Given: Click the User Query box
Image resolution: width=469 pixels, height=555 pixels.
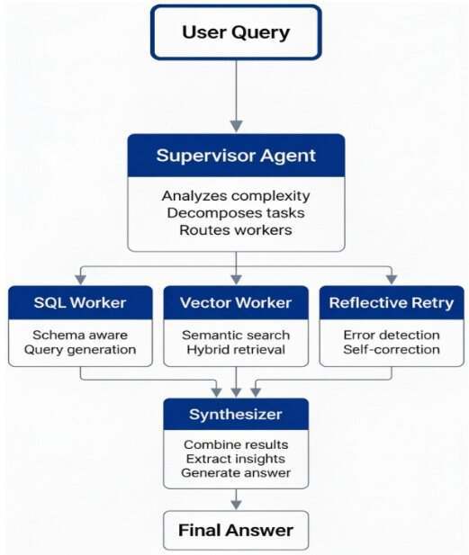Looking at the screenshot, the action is coord(236,32).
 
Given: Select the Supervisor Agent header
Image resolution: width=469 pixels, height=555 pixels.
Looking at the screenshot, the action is coord(236,156).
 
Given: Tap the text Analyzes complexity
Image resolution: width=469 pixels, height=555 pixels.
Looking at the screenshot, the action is coord(236,196).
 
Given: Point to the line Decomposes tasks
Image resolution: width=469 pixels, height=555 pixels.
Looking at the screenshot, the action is coord(236,212).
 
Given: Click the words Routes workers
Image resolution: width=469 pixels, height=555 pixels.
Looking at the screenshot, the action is coord(236,230).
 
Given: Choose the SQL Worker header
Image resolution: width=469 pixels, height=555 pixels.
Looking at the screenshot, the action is coord(80,302).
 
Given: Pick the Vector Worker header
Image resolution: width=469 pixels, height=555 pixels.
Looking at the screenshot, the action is coord(236,302).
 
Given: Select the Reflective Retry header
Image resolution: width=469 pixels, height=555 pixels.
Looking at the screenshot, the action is coord(392,302).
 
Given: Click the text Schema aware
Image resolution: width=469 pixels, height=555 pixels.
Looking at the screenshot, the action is coord(80,335).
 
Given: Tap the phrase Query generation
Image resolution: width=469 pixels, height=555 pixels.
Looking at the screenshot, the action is coord(80,350).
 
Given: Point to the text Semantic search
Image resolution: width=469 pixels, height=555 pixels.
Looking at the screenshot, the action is coord(236,335).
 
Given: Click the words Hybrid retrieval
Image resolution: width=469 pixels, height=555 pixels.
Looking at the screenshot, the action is coord(236,350).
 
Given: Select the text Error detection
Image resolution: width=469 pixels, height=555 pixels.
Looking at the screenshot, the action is coord(392,335).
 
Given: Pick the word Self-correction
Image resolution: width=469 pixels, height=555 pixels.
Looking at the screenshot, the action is coord(392,350).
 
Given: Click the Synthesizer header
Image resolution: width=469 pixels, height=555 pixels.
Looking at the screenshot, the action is coord(236,414).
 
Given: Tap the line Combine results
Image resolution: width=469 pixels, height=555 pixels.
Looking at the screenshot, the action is coord(236,444).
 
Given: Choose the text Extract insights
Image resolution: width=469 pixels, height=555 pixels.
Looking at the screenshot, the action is coord(236,459).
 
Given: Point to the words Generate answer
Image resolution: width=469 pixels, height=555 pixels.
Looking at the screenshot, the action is coord(236,473).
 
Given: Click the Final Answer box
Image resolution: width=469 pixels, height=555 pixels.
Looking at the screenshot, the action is coord(236,530).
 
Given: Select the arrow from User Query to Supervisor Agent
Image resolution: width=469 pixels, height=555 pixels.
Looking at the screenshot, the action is coord(236,96).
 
